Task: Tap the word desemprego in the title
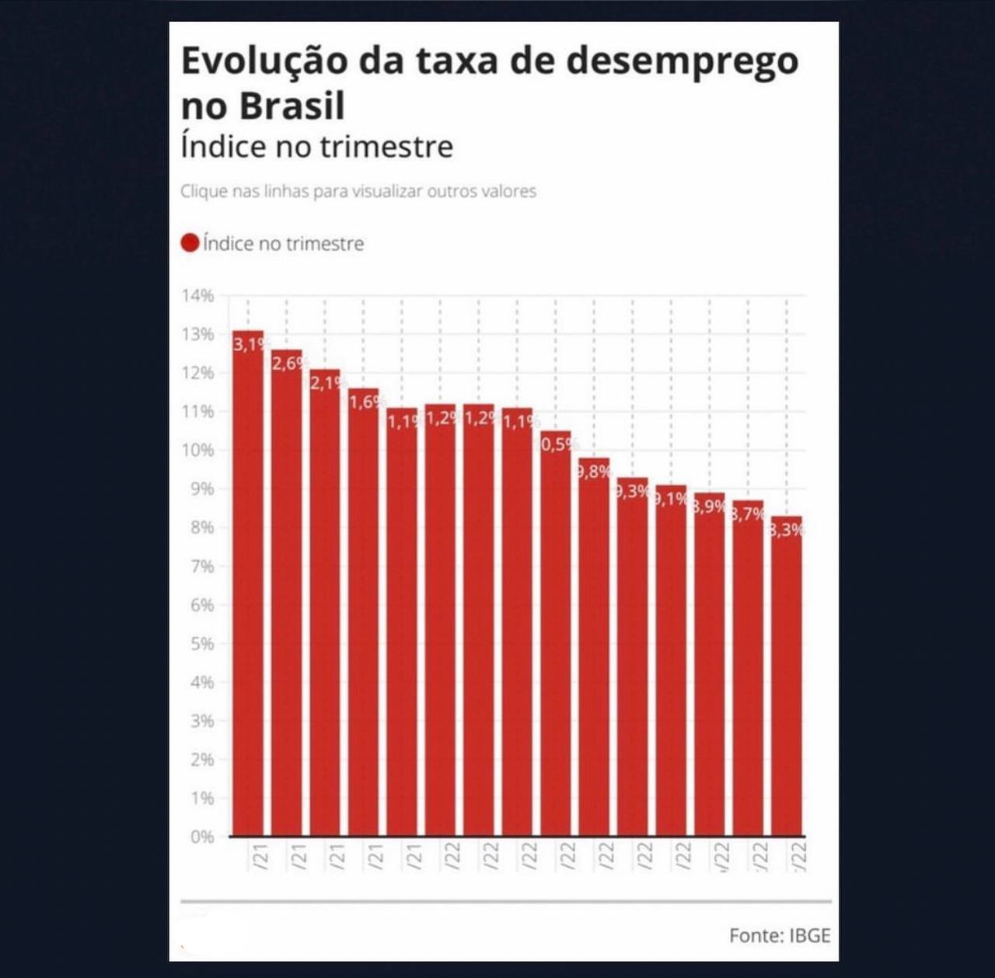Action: (682, 61)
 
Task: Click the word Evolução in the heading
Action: (264, 61)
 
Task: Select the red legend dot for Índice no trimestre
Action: (190, 243)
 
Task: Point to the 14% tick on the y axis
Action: (197, 295)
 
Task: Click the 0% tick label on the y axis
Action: (202, 837)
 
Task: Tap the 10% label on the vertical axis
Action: (197, 450)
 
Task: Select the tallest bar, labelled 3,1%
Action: (248, 583)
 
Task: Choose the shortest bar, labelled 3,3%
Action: (787, 676)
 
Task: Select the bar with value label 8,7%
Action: (748, 668)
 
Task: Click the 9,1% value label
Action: (672, 499)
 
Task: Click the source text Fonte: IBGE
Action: (779, 935)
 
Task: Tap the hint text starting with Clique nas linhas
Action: (358, 191)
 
